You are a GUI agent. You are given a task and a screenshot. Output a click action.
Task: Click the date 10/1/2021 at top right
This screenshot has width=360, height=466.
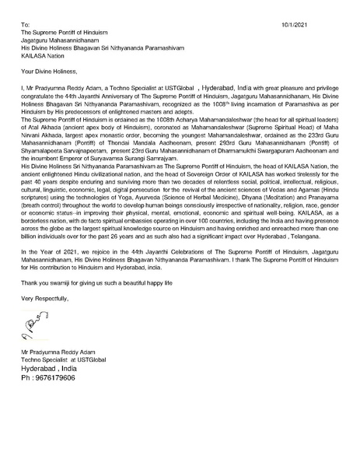pos(295,25)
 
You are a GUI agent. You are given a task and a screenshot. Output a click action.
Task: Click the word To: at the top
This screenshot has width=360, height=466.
pos(26,25)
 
